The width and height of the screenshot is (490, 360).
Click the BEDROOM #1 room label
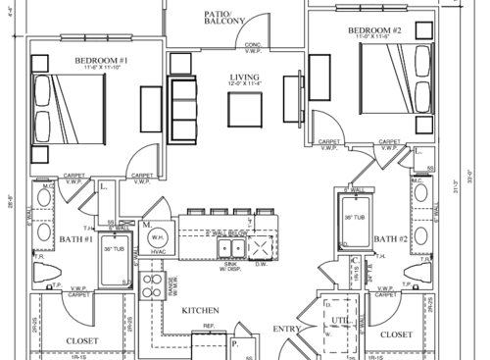[95, 60]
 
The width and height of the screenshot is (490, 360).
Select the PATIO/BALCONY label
[223, 19]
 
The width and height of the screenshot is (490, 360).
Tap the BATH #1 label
[75, 238]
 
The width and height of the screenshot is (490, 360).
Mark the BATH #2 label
[392, 238]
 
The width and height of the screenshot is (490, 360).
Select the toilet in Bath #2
[423, 274]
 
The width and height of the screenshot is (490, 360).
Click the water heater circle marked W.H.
[158, 238]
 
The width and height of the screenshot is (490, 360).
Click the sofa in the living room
[183, 108]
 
